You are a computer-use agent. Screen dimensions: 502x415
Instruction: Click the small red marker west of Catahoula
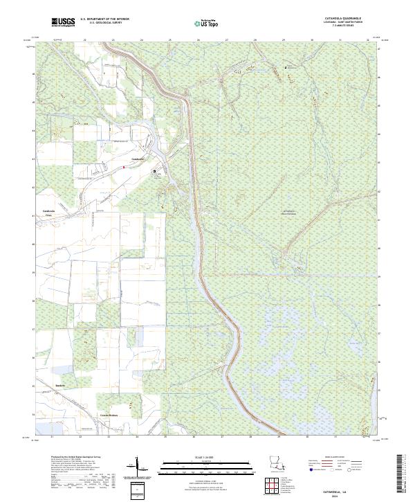point(122,167)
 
